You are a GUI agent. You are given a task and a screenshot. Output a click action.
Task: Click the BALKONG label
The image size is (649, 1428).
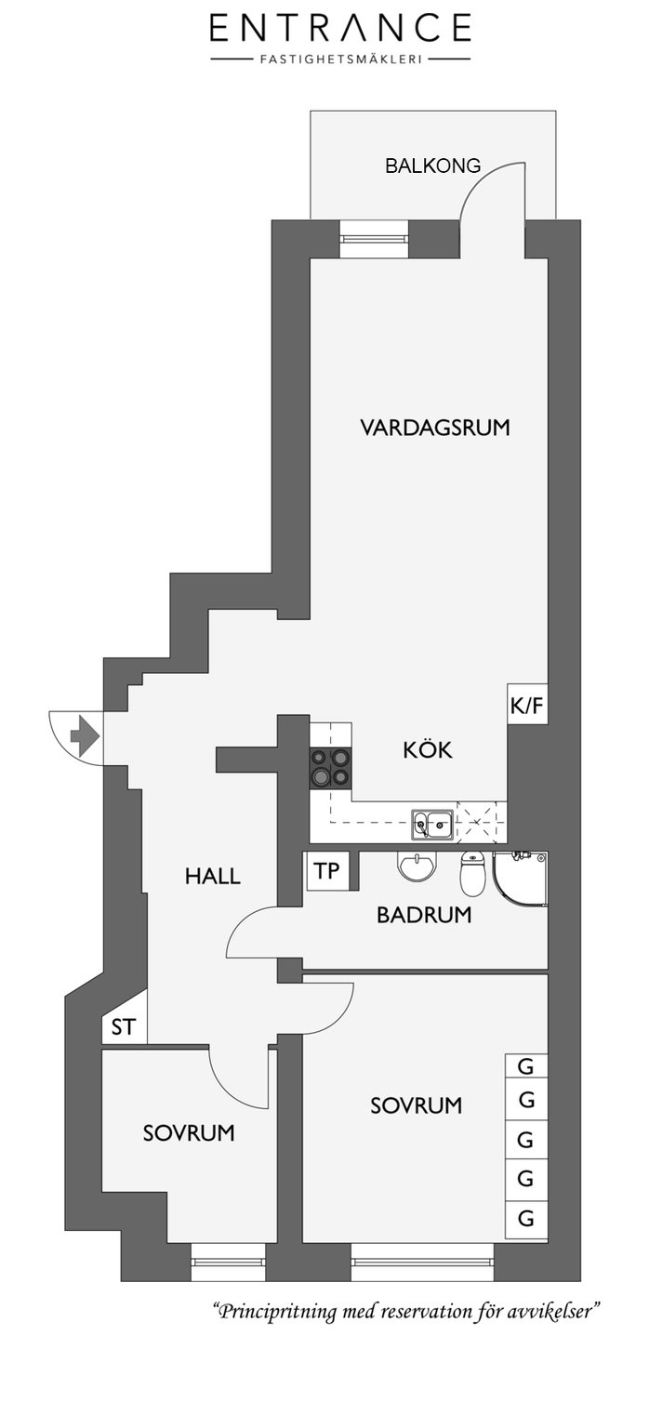point(432,165)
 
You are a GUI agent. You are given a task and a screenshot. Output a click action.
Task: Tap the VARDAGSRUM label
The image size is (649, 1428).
point(435,427)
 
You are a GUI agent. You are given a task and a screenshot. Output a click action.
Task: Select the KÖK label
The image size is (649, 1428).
point(427,749)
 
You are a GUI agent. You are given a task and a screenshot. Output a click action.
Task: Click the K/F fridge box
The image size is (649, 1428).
point(527,705)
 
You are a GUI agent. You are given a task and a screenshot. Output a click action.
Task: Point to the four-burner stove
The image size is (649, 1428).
point(330,767)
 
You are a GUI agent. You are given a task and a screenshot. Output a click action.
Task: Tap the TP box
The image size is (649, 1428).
point(327,871)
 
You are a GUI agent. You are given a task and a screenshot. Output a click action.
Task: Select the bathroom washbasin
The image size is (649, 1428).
point(417,866)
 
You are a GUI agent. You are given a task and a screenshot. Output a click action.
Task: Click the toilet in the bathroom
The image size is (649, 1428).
point(472,872)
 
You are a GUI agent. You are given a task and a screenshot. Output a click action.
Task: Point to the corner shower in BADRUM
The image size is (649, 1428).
point(520,878)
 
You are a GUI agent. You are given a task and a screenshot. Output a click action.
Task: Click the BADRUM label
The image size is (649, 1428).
point(424,915)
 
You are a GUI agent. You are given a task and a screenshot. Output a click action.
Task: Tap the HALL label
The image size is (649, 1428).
point(212,876)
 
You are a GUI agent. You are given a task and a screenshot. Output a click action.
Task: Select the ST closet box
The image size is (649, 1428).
point(125,1026)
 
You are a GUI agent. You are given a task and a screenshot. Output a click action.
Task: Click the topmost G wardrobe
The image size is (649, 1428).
point(526,1066)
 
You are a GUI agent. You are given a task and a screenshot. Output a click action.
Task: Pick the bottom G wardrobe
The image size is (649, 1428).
point(526,1219)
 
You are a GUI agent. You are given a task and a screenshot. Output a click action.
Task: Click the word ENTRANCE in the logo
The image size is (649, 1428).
point(340,27)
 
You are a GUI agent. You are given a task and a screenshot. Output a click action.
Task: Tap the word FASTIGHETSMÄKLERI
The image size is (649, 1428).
point(341,59)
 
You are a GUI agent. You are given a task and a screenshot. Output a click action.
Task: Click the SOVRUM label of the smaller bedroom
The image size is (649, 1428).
point(189,1133)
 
